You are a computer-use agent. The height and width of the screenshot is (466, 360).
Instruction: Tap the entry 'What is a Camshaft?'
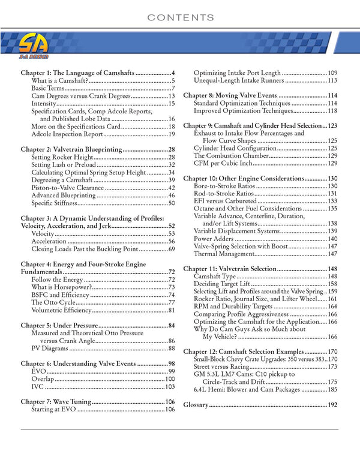60,80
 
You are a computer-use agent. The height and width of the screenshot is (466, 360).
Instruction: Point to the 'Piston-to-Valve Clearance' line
68,188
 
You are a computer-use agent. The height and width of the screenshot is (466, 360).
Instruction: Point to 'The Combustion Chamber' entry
235,155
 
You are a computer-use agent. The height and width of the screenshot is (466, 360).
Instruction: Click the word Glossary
196,405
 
